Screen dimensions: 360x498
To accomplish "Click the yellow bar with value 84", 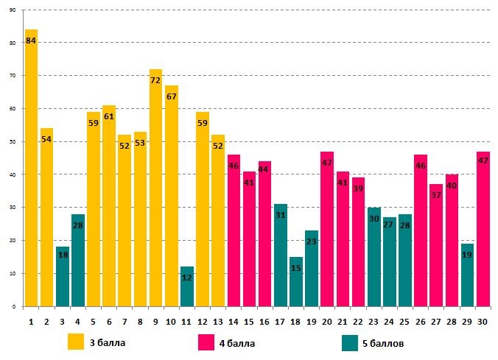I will [31, 169].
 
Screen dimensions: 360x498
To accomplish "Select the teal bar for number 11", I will [187, 286].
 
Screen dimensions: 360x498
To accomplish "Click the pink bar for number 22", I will [358, 242].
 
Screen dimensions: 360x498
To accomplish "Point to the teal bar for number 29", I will [468, 275].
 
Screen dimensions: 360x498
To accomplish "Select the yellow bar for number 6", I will [109, 206].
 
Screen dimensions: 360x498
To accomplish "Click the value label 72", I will [155, 80].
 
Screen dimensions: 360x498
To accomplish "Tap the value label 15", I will [295, 268].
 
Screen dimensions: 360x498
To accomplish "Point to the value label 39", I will [358, 188].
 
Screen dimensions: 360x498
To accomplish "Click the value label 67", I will [171, 96].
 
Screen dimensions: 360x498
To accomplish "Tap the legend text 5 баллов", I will [383, 343].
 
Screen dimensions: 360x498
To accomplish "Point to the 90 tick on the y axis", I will [13, 10].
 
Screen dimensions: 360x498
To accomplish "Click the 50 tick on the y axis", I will [13, 141].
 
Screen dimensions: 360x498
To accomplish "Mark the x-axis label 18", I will [295, 322].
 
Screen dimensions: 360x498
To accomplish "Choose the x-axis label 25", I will [405, 322].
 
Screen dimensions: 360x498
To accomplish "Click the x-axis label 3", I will [62, 322].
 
